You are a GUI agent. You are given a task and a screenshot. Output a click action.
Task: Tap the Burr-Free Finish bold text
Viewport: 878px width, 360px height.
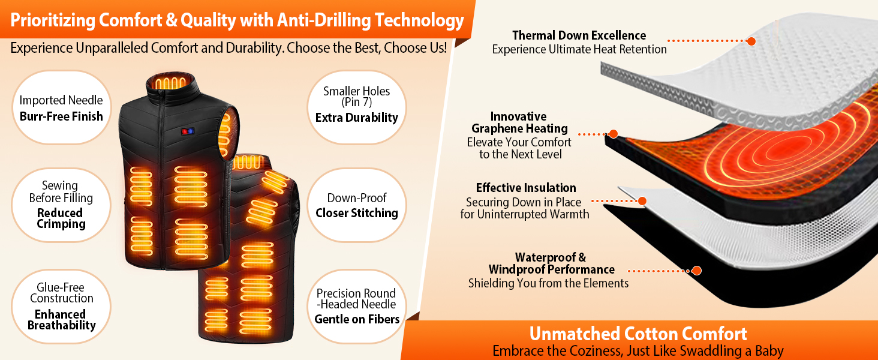coord(61,116)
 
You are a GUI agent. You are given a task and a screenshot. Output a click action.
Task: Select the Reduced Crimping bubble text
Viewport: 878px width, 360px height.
coord(61,218)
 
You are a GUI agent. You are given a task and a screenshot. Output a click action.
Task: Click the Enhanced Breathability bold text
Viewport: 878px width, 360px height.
coord(62,320)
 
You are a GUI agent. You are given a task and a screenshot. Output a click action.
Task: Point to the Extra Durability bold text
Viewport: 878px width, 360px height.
coord(357,118)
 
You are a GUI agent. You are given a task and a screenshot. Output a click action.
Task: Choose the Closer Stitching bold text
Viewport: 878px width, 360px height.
coord(357,213)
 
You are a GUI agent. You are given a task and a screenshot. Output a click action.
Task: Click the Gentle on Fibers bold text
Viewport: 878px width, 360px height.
coord(357,319)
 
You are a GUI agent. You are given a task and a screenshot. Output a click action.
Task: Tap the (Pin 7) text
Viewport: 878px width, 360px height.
coord(356,103)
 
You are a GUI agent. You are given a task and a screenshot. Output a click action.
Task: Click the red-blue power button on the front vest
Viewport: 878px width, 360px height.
coord(187,131)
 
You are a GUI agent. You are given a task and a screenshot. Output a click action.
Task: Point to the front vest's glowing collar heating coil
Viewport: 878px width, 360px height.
coord(170,83)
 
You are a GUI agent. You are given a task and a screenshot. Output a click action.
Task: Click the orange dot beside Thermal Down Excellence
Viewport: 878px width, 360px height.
coord(751,41)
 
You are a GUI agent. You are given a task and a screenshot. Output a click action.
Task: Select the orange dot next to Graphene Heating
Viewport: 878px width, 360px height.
coord(614,134)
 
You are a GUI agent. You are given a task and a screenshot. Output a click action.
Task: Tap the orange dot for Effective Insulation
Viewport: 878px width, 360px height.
coord(642,201)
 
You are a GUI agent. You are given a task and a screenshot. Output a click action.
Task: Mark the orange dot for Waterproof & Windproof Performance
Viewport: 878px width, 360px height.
coord(696,271)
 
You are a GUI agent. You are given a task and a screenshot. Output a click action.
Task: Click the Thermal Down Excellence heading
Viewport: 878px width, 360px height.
coord(579,35)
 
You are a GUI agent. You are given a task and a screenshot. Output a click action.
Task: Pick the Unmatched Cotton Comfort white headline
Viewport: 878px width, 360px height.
coord(638,334)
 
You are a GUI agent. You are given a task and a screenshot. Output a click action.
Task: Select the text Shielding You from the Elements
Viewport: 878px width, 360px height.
coord(548,283)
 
